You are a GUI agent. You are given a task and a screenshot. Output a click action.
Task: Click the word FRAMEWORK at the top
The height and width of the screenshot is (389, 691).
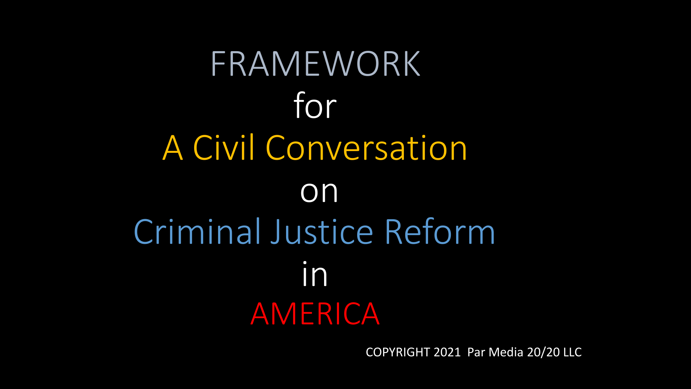[315, 64]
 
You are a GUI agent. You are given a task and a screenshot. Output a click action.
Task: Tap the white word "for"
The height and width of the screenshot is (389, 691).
[315, 105]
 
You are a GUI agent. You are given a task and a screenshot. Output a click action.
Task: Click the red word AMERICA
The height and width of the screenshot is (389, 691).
[315, 314]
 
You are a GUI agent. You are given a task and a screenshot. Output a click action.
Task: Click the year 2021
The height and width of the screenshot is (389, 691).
[447, 352]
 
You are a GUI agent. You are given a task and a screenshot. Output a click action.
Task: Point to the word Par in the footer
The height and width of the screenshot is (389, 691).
[476, 352]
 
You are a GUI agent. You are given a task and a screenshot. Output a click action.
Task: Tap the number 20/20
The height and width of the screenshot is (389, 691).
[543, 352]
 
